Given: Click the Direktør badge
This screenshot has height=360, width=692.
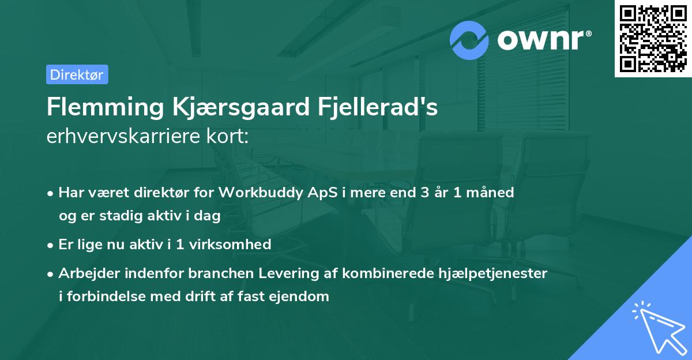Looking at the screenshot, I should click(77, 74).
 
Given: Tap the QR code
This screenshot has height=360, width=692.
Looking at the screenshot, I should click(653, 38).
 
